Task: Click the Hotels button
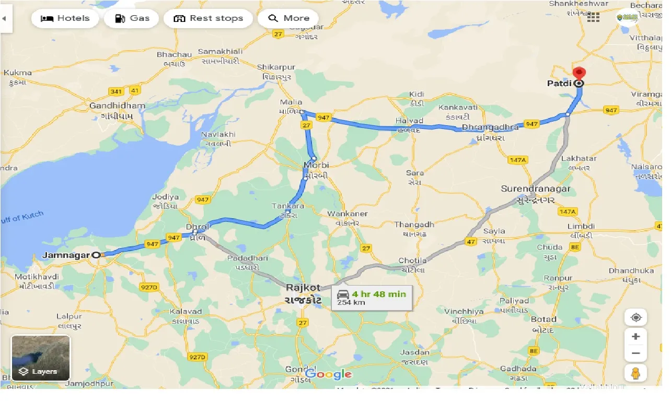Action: click(x=65, y=18)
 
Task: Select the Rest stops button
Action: click(x=208, y=18)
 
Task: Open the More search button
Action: click(x=288, y=18)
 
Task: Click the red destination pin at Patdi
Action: click(x=579, y=73)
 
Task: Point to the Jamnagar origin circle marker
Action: click(x=96, y=255)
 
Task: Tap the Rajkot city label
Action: click(x=303, y=288)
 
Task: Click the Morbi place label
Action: click(x=316, y=166)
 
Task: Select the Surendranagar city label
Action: click(x=536, y=188)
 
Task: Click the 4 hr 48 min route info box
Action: click(x=372, y=298)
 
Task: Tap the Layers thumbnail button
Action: click(x=41, y=358)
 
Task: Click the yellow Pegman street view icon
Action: click(x=635, y=373)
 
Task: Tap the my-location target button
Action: click(x=635, y=317)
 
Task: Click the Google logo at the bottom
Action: click(x=328, y=374)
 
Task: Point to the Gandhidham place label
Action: click(x=118, y=105)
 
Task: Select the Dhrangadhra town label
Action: click(x=490, y=127)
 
